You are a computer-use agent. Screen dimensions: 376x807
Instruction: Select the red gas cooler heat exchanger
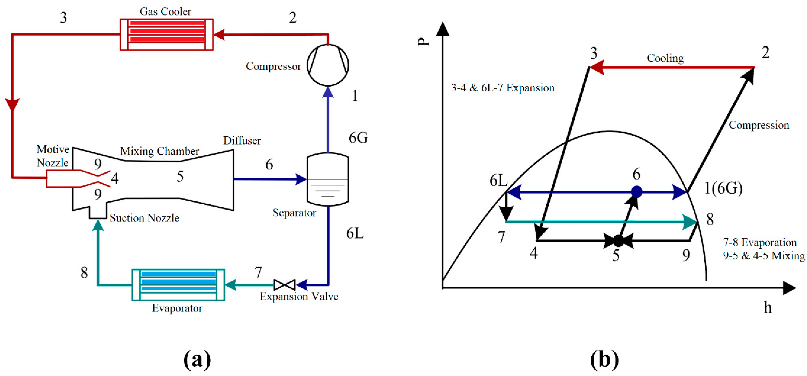[x=166, y=34]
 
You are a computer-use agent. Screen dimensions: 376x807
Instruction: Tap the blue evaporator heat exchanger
[x=178, y=285]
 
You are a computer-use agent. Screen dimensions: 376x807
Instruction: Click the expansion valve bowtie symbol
[x=285, y=285]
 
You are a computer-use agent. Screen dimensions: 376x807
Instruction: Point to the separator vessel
[x=328, y=179]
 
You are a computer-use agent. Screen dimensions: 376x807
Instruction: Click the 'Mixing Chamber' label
[x=160, y=151]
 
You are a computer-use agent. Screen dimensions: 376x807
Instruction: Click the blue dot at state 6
[x=636, y=192]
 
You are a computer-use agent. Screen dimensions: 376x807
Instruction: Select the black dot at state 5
[x=618, y=241]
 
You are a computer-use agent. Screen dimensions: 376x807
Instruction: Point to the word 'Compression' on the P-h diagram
[x=758, y=125]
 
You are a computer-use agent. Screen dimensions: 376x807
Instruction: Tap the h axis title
[x=767, y=307]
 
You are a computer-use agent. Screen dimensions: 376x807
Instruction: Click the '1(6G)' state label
[x=723, y=188]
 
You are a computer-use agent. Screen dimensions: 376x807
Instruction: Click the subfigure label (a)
[x=197, y=359]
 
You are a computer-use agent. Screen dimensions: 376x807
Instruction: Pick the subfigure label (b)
[x=604, y=359]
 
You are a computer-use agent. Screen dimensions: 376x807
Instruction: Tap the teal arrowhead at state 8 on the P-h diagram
[x=690, y=222]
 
